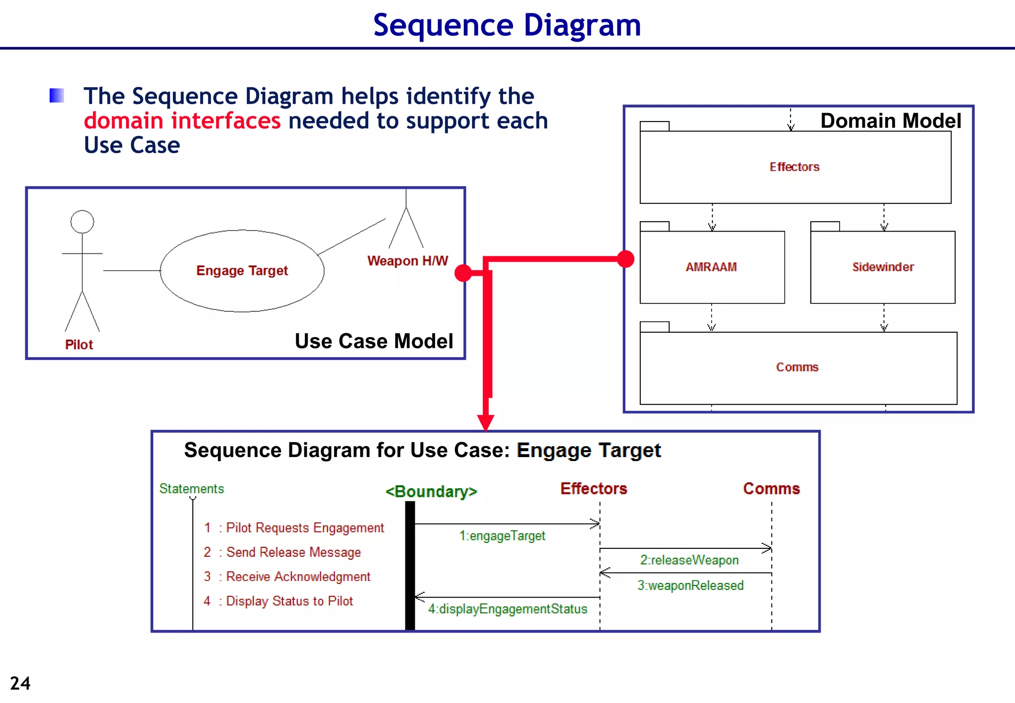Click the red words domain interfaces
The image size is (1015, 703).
182,121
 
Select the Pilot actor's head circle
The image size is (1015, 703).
82,222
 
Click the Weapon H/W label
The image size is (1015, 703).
407,261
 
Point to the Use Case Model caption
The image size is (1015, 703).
374,341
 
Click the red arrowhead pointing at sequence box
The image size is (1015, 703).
486,422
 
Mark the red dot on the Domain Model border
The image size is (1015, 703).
625,259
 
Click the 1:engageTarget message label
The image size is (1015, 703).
502,536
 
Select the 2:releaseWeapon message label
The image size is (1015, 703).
689,560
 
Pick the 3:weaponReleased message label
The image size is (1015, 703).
690,586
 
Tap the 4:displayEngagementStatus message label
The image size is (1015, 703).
507,609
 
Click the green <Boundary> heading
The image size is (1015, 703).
431,491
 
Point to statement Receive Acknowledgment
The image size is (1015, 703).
298,577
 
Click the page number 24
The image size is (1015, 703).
20,683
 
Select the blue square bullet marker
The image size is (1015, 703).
57,95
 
